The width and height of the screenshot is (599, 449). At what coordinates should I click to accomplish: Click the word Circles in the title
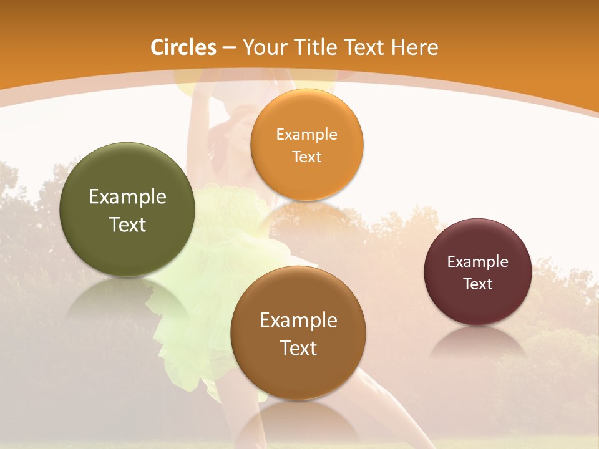(x=183, y=47)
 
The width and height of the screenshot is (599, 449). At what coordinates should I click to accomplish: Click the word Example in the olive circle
(x=127, y=197)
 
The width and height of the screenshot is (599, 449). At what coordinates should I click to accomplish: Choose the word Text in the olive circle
(x=127, y=224)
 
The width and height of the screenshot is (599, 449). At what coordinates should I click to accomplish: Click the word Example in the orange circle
(x=306, y=134)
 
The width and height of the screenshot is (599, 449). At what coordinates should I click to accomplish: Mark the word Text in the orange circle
(x=306, y=157)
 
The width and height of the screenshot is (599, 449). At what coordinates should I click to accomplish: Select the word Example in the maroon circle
(x=478, y=261)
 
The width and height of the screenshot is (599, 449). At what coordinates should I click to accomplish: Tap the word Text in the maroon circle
(x=478, y=284)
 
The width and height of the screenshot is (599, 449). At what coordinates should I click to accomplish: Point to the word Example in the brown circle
(x=298, y=320)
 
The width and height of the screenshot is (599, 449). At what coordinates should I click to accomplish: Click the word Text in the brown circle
(x=298, y=348)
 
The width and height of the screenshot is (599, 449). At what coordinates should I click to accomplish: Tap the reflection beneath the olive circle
(x=127, y=296)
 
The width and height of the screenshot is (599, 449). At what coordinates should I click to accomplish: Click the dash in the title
(x=229, y=47)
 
